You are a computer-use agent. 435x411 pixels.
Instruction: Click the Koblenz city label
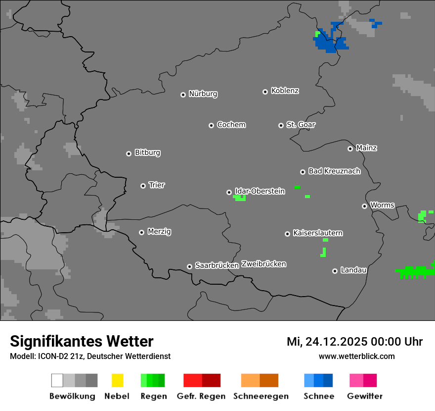[x=285, y=91]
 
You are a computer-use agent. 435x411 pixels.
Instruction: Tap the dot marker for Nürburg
[x=183, y=94]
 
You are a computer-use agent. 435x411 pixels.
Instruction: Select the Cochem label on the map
[x=231, y=125]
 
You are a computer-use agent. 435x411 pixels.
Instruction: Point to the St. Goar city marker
[x=281, y=125]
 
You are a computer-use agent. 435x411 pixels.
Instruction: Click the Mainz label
[x=366, y=148]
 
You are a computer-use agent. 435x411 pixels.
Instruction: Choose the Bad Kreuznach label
[x=334, y=171]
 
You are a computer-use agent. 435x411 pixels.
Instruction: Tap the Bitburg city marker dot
[x=129, y=154]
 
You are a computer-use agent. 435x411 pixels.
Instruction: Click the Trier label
[x=157, y=185]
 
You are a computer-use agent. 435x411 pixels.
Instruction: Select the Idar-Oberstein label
[x=260, y=191]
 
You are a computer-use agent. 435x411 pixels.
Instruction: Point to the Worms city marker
[x=364, y=206]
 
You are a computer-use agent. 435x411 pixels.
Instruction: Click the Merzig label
[x=159, y=231]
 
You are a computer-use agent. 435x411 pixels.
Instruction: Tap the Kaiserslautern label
[x=318, y=233]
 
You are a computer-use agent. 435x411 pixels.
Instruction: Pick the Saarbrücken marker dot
[x=189, y=266]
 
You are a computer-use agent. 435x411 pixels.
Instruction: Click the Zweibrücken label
[x=263, y=264]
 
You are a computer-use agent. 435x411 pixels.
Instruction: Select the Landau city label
[x=353, y=270]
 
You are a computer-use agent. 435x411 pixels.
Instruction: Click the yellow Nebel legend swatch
[x=117, y=380]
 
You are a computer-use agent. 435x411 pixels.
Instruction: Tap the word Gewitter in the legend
[x=364, y=396]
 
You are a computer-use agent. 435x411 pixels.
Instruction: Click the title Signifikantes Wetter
[x=82, y=341]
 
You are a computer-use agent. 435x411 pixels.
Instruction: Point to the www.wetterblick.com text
[x=356, y=356]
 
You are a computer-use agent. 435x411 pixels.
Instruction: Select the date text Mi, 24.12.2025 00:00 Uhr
[x=354, y=342]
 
